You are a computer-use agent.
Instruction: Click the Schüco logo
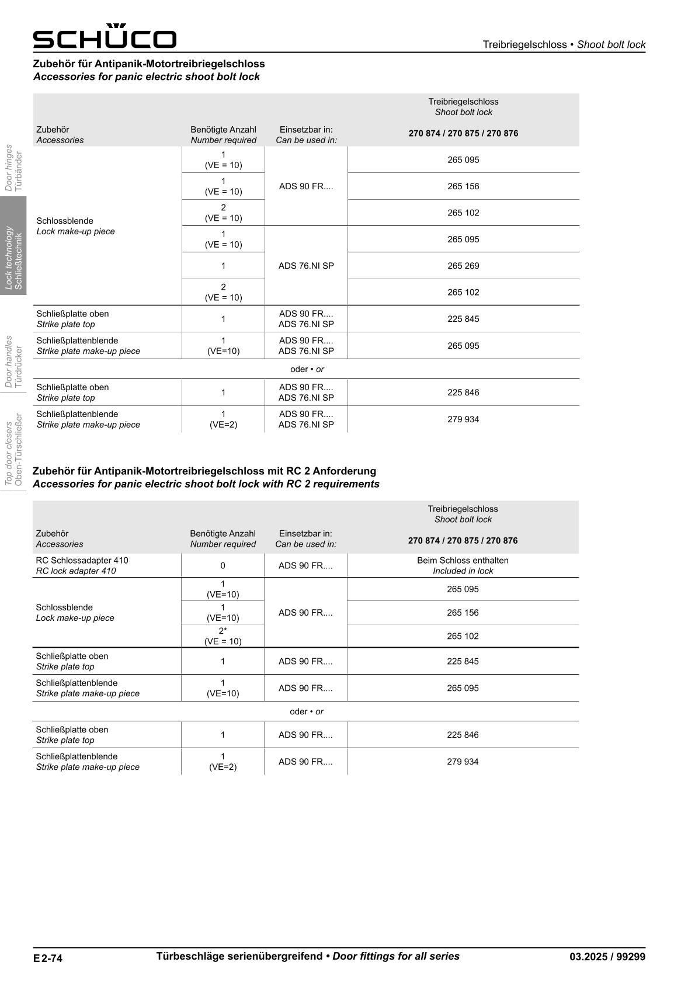105,37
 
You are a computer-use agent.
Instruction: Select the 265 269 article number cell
463,266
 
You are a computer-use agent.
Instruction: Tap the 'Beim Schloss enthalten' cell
463,565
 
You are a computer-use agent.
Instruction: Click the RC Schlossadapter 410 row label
82,565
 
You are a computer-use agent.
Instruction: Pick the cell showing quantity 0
223,565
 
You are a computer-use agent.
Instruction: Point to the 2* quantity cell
223,636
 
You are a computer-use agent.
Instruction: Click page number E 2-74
48,958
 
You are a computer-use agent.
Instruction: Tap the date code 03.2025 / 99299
607,957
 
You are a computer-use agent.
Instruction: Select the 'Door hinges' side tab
13,168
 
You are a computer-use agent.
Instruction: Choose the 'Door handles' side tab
13,361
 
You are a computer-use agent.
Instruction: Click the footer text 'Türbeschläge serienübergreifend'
239,956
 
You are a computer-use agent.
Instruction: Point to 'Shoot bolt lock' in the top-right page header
611,44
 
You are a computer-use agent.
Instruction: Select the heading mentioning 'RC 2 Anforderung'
204,471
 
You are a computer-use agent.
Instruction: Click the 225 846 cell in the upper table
463,392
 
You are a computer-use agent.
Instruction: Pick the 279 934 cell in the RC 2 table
463,762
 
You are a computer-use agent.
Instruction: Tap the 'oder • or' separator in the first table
307,369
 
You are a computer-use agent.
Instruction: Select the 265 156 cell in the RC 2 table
463,613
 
